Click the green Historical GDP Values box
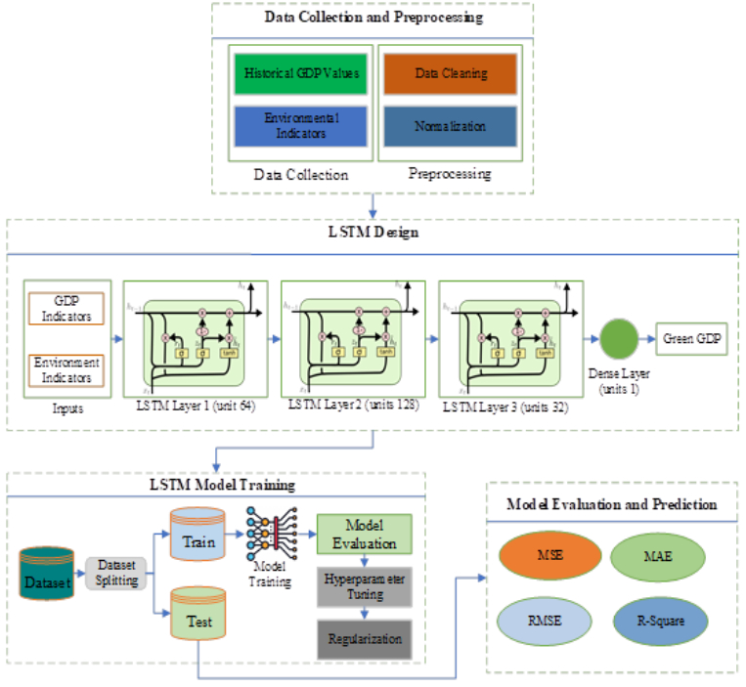[301, 74]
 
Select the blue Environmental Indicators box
[301, 126]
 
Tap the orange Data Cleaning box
[450, 74]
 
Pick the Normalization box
[450, 126]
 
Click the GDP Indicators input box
[66, 309]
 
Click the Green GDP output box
[693, 339]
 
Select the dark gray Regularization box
[364, 638]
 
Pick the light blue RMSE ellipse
[544, 620]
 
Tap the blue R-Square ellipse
[660, 620]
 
